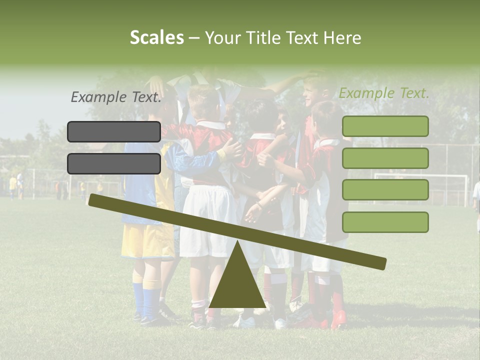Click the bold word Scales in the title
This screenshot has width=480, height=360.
coord(156,38)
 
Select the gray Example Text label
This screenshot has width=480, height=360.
coord(116,97)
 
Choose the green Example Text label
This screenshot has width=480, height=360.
coord(384,93)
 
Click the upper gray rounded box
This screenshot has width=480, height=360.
coord(114,131)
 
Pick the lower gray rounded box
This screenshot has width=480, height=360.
coord(114,163)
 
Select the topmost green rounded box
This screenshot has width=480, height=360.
coord(385,126)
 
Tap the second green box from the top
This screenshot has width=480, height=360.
coord(385,158)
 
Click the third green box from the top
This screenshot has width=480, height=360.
coord(385,190)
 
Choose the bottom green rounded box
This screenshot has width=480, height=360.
coord(385,222)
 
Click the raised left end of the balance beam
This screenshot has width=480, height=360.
coord(95,200)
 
